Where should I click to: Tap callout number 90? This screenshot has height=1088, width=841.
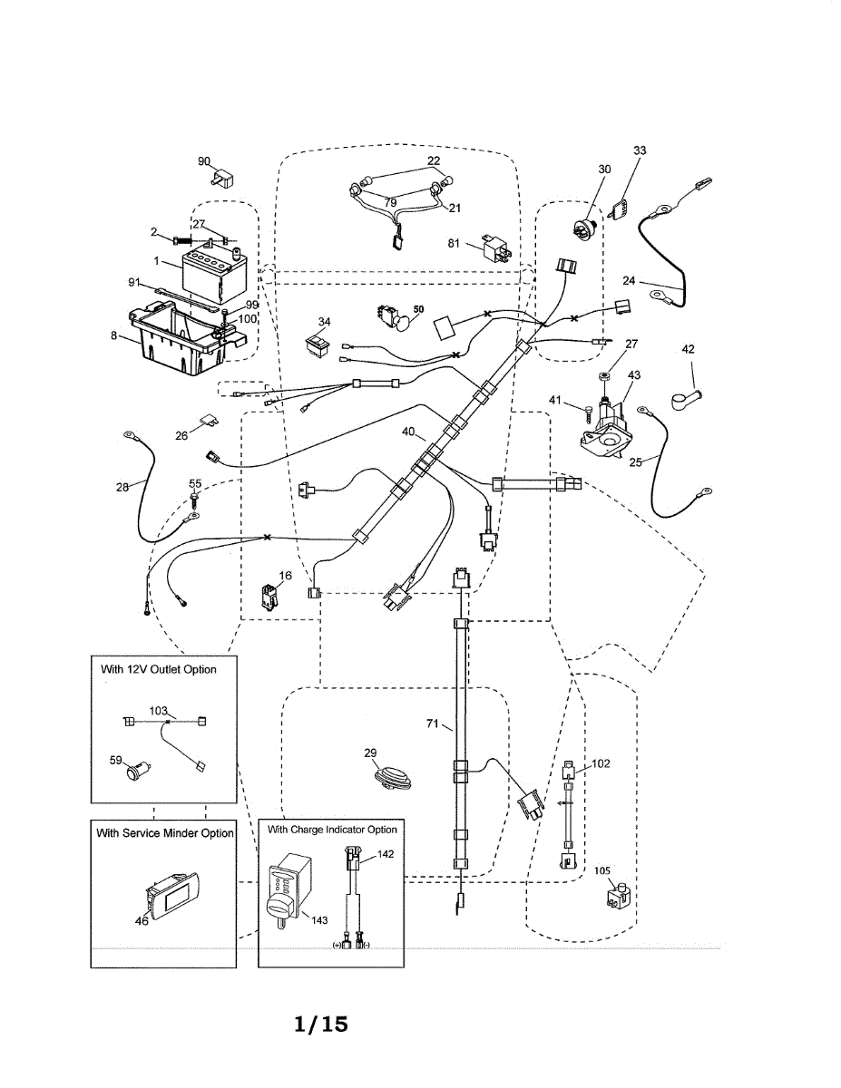tap(204, 160)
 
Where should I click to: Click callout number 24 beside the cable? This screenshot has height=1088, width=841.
tap(629, 280)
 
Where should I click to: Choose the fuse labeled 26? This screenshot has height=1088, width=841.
tap(209, 421)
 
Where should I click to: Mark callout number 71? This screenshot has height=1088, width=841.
tap(434, 724)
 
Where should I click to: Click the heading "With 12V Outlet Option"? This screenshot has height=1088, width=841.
tap(159, 669)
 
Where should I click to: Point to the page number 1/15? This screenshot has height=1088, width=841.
tap(321, 1024)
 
